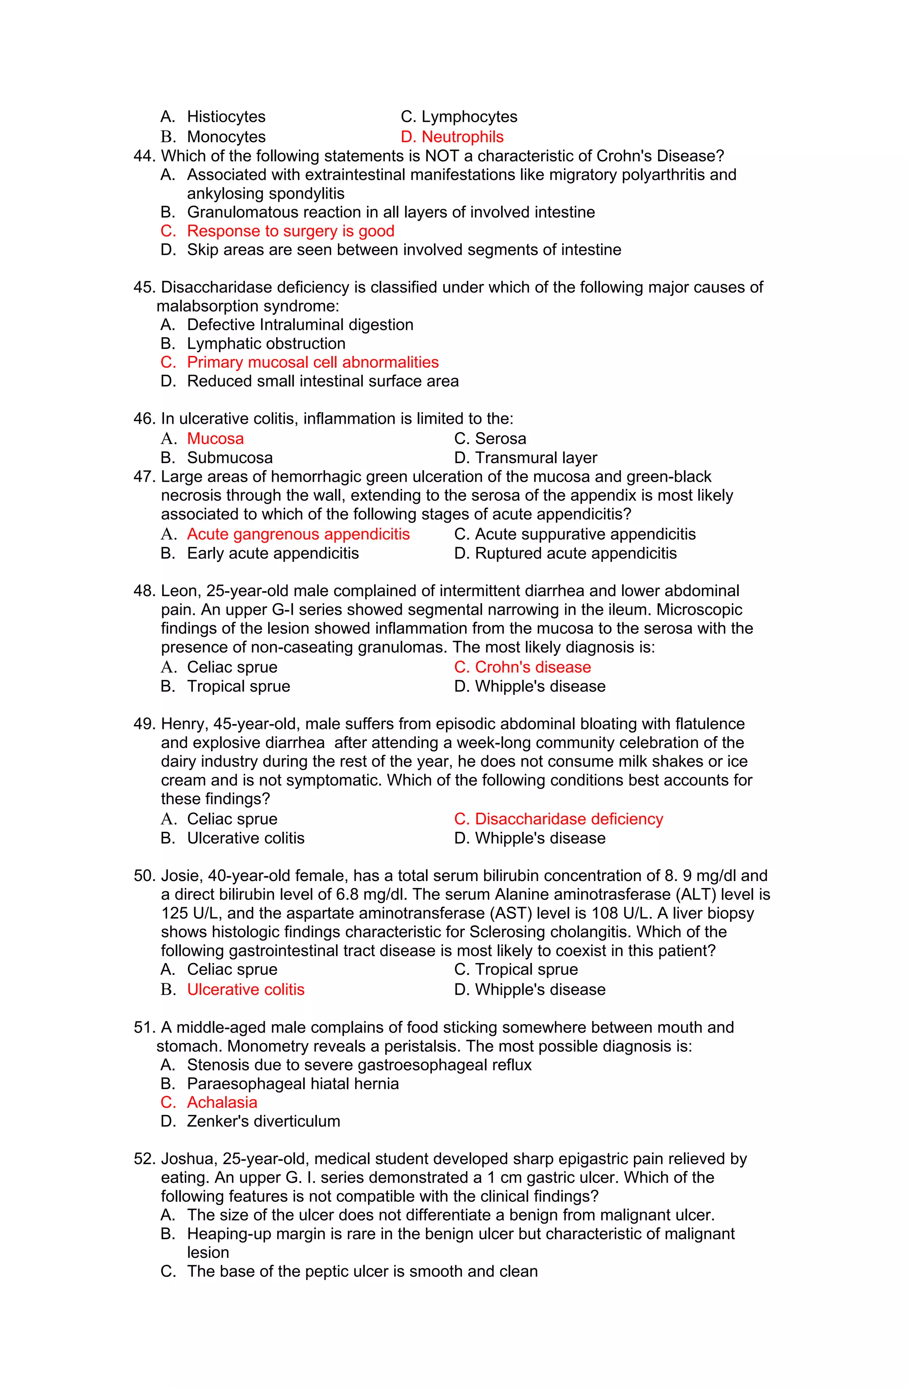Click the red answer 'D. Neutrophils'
(x=452, y=136)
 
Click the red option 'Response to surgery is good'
(x=290, y=231)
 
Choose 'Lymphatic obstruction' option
(x=266, y=343)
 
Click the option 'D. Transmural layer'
(x=525, y=458)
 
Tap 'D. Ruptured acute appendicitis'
(x=565, y=554)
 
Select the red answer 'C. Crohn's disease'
(x=522, y=667)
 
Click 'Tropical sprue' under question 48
(x=238, y=686)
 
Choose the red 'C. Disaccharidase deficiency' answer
(x=559, y=819)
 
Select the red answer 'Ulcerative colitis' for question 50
(x=245, y=990)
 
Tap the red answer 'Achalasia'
(x=222, y=1102)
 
